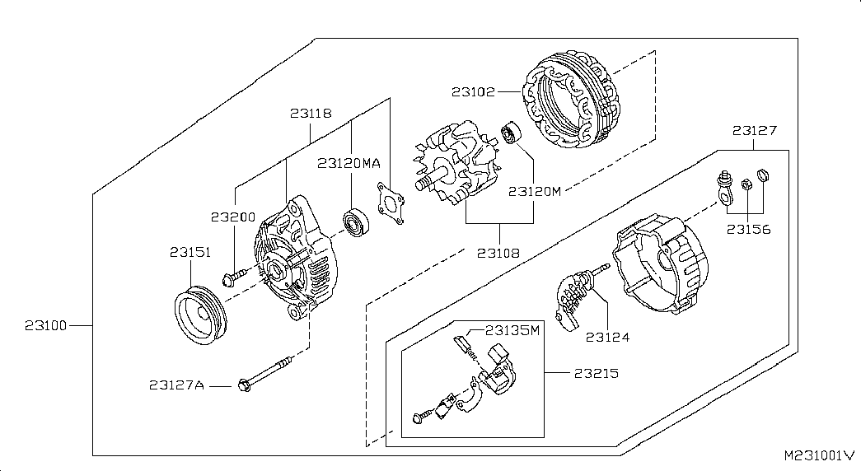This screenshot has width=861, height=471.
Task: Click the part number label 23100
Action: [x=45, y=326]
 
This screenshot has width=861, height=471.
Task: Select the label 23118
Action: [x=311, y=114]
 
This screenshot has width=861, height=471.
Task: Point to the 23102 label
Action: [x=473, y=91]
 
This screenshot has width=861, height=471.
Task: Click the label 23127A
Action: [x=176, y=385]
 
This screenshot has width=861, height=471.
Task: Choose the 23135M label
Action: [x=512, y=331]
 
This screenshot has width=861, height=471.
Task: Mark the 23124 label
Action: [x=607, y=336]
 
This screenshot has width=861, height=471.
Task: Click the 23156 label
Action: [x=749, y=229]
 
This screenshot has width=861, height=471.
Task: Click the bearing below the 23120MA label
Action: [x=356, y=222]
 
